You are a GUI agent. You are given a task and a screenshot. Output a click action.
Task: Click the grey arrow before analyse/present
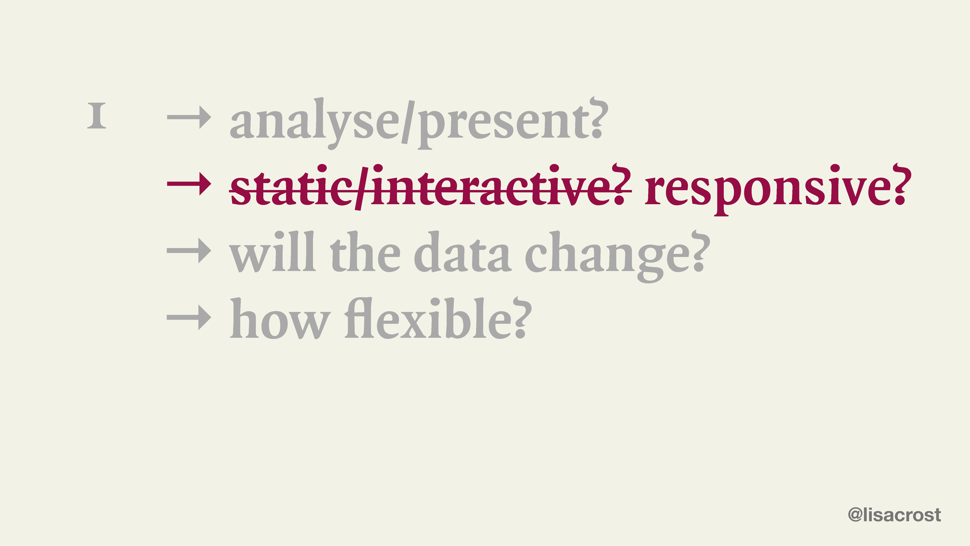189,117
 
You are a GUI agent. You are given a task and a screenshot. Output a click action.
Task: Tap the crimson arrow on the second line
189,183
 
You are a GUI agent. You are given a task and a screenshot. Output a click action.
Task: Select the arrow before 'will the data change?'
189,251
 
